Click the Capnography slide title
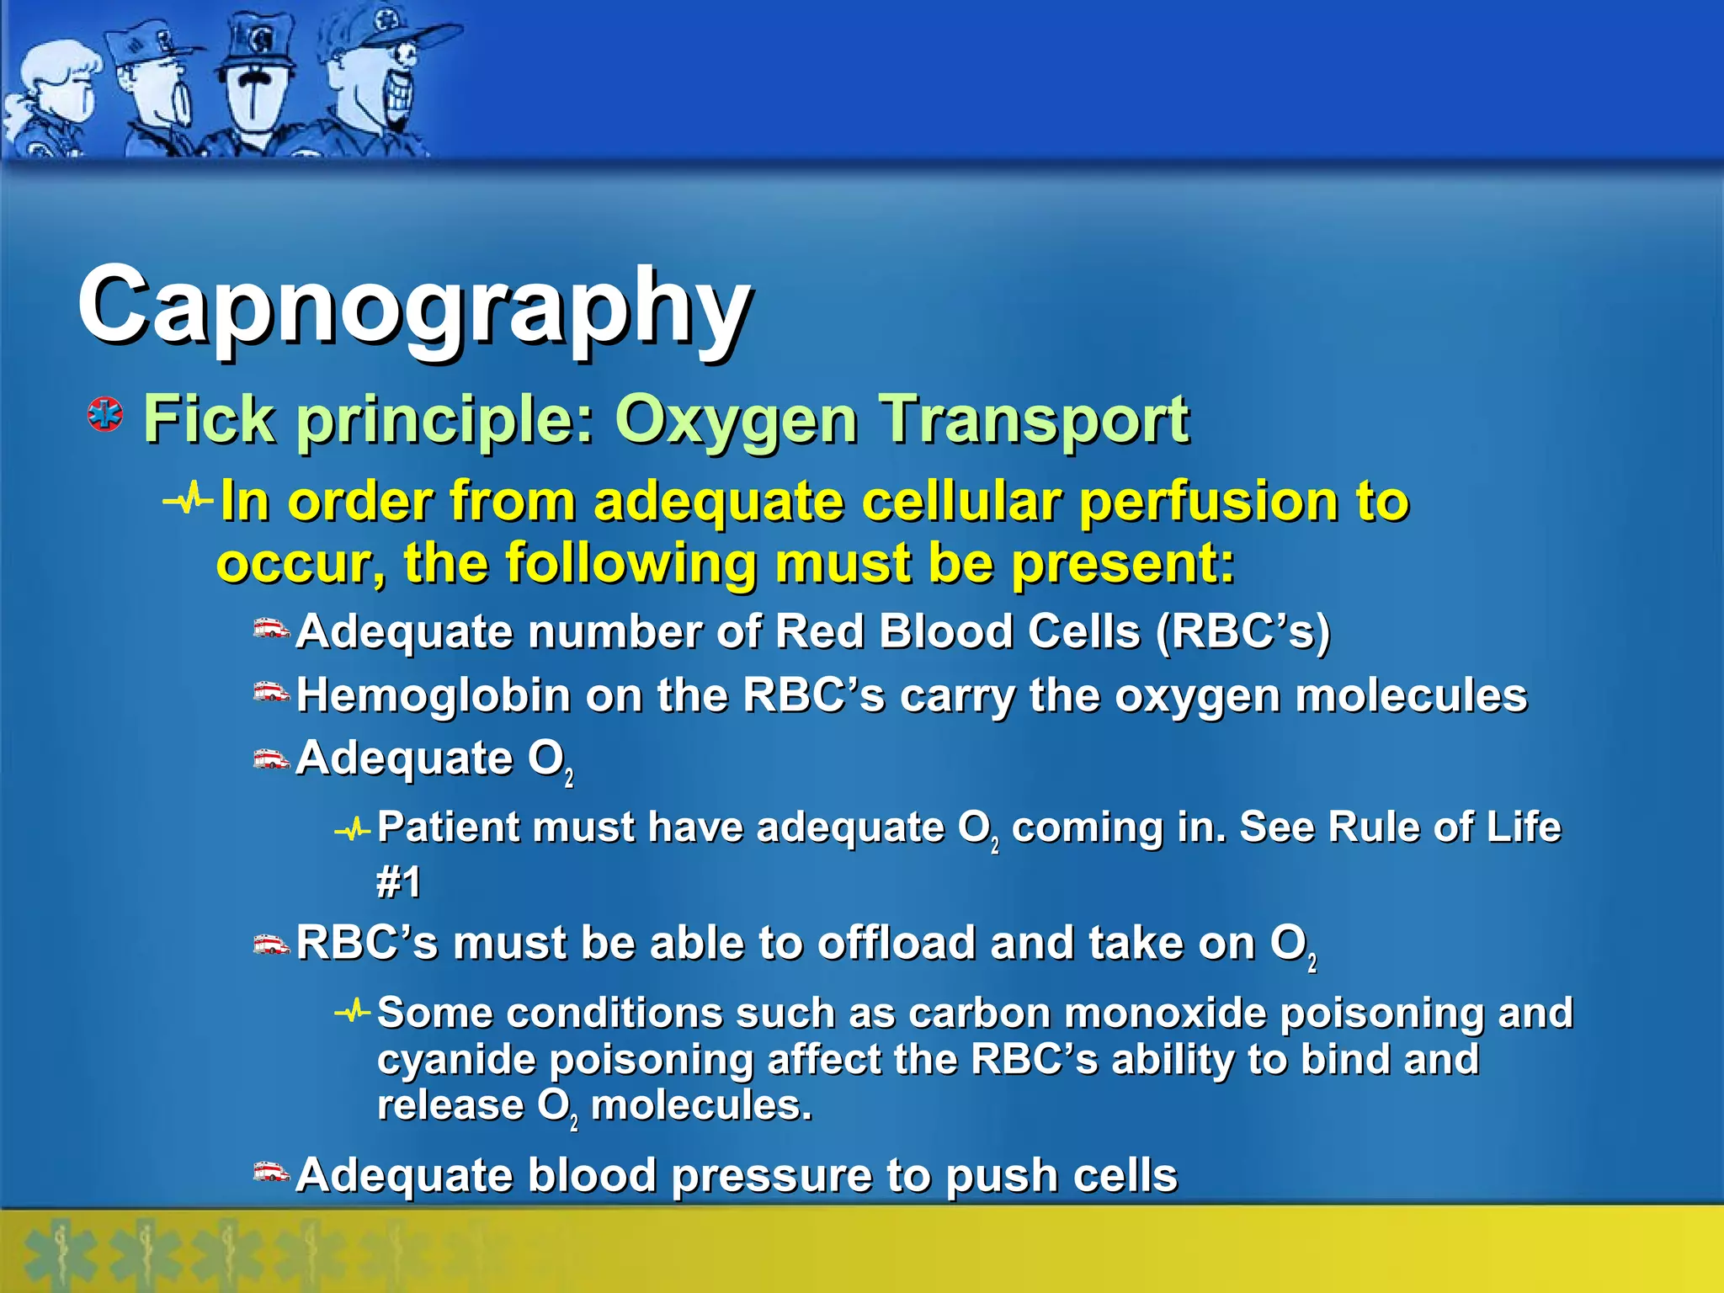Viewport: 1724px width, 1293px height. (414, 307)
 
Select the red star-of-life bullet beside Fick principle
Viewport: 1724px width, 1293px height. (105, 415)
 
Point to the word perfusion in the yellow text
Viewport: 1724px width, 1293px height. (1207, 502)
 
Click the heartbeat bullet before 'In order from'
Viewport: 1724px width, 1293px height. (189, 500)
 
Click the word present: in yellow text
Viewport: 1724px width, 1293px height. (1123, 563)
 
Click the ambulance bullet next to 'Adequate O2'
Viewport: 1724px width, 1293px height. (271, 759)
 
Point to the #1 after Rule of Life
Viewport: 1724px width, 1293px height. (398, 882)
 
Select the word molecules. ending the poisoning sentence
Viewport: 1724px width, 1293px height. (701, 1105)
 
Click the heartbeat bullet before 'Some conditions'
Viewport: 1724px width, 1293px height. (352, 1011)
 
